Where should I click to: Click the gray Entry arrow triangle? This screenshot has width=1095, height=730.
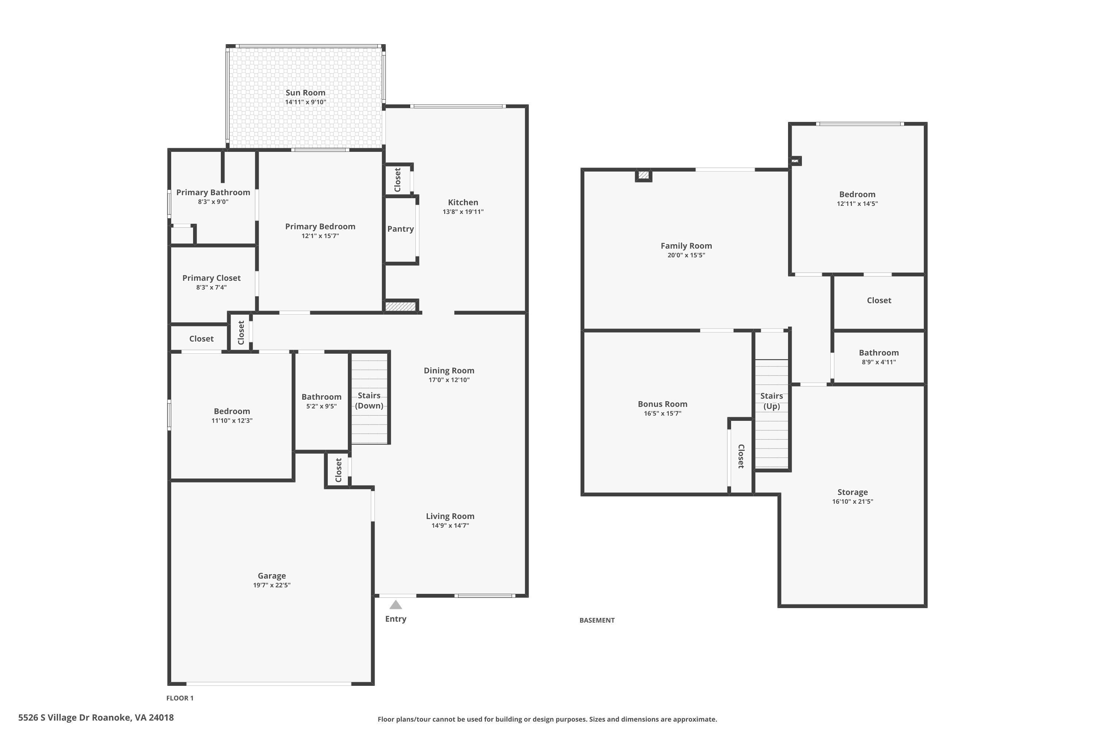tap(395, 605)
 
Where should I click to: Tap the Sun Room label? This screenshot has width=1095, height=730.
tap(306, 93)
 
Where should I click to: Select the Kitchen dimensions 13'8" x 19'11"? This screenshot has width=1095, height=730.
tap(463, 212)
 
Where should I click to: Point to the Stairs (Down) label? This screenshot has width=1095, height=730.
tap(369, 400)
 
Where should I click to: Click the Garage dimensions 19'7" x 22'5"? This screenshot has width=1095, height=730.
tap(272, 585)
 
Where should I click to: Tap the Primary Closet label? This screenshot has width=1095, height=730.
tap(211, 278)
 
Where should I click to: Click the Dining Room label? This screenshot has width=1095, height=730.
tap(449, 370)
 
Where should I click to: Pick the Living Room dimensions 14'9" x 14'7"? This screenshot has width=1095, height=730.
tap(450, 526)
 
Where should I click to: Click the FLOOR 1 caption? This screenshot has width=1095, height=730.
tap(180, 698)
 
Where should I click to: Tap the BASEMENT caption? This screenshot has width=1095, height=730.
tap(597, 620)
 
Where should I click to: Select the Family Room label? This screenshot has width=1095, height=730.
tap(686, 246)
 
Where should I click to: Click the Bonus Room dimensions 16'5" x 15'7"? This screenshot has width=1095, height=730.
tap(662, 414)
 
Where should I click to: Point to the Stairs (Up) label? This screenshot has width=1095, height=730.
tap(772, 401)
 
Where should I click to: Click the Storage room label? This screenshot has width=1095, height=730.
tap(852, 492)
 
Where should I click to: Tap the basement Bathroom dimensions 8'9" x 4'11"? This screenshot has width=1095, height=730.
tap(879, 362)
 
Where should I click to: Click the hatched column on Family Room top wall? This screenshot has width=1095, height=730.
tap(643, 175)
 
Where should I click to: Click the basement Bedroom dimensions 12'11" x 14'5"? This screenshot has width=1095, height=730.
tap(857, 203)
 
